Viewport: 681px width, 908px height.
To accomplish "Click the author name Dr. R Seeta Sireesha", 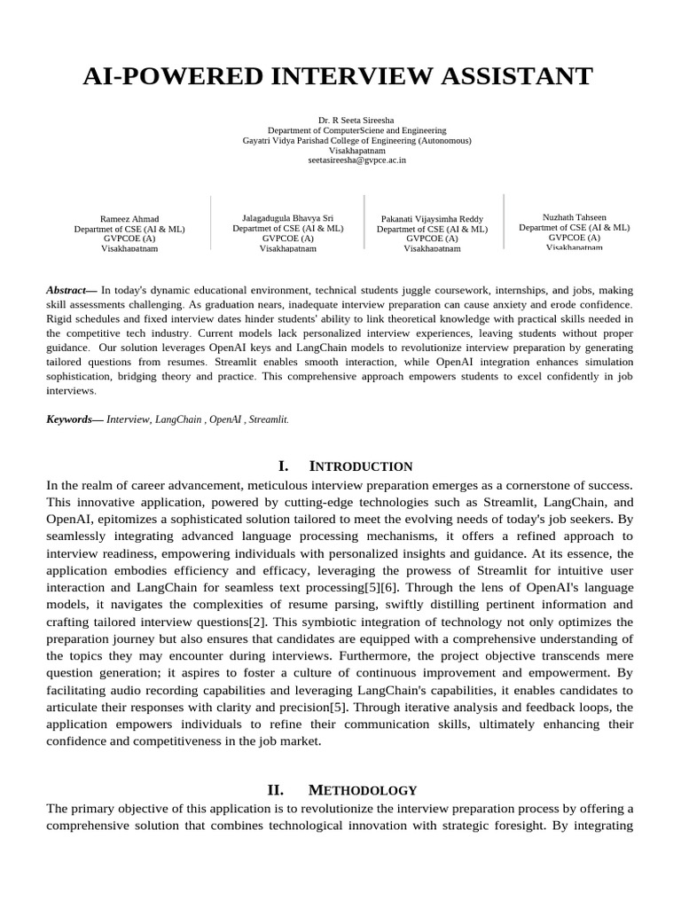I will coord(357,120).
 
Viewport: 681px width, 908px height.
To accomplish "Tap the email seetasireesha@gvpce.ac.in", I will coord(357,160).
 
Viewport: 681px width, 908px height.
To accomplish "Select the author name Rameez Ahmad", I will coord(129,218).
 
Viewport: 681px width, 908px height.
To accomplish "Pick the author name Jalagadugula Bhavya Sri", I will coord(287,217).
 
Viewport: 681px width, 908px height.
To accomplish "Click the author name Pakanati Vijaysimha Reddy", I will coord(432,218).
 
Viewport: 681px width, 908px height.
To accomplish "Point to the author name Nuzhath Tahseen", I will coord(574,217).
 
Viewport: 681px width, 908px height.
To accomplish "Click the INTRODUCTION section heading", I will coord(360,466).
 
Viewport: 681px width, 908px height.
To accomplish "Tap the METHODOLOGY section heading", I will coord(362,790).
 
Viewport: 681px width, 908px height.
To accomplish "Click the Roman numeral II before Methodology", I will coord(275,790).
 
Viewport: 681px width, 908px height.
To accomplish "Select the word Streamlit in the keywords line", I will coord(269,419).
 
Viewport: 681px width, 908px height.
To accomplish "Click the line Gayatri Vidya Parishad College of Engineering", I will coord(357,140).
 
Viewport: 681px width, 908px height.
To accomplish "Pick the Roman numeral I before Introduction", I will coord(283,466).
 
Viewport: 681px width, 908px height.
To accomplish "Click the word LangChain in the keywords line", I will coord(177,419).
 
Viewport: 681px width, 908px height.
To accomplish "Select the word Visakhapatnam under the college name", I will coord(357,151).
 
